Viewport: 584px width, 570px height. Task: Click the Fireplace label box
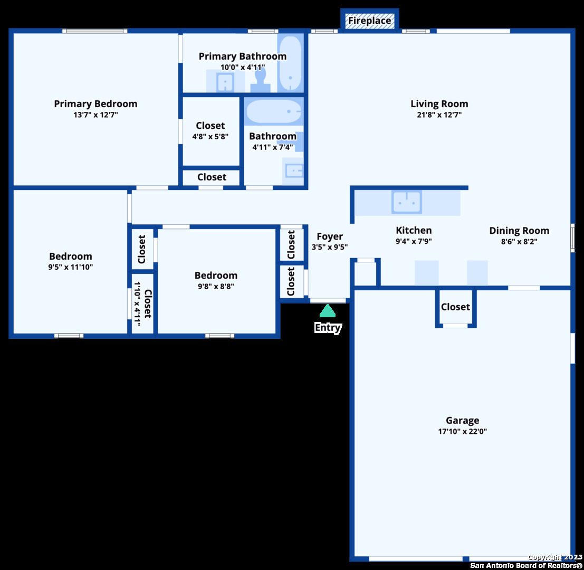pyautogui.click(x=369, y=21)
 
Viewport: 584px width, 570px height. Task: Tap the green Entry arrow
pyautogui.click(x=328, y=311)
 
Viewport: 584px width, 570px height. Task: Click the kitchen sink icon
pyautogui.click(x=407, y=202)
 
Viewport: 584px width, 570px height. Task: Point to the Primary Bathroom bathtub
pyautogui.click(x=291, y=63)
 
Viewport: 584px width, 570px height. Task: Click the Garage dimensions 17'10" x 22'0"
pyautogui.click(x=462, y=431)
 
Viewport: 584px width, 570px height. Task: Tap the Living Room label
pyautogui.click(x=439, y=103)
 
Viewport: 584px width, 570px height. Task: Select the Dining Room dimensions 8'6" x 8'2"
pyautogui.click(x=519, y=241)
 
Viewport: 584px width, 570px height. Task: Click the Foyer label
pyautogui.click(x=330, y=236)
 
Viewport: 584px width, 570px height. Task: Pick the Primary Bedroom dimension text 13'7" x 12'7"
pyautogui.click(x=95, y=115)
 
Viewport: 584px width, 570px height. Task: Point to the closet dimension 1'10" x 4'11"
pyautogui.click(x=137, y=303)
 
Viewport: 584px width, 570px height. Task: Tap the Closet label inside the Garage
pyautogui.click(x=455, y=307)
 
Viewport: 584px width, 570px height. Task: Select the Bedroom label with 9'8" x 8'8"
pyautogui.click(x=216, y=275)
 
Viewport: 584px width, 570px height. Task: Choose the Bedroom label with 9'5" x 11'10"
pyautogui.click(x=70, y=256)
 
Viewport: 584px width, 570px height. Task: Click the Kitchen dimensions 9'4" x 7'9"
pyautogui.click(x=414, y=241)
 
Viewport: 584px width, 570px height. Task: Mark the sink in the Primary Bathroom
pyautogui.click(x=225, y=82)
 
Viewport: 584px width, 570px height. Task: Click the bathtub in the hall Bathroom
pyautogui.click(x=274, y=111)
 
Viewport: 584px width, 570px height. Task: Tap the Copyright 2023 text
pyautogui.click(x=555, y=557)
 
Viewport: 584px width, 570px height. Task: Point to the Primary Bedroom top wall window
pyautogui.click(x=94, y=31)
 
